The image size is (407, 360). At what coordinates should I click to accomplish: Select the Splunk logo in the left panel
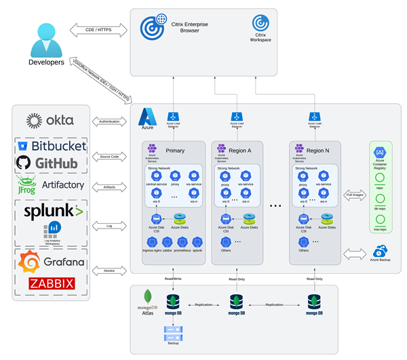[54, 212]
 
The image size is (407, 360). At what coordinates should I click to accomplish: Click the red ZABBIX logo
[52, 283]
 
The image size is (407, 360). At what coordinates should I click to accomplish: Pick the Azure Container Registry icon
[379, 151]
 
